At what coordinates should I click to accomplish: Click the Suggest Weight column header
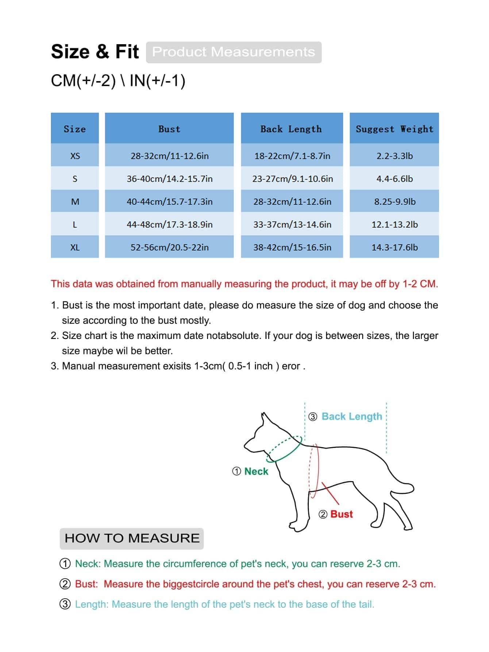point(394,129)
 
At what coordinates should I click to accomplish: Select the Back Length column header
point(291,129)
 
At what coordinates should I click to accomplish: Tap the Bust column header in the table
point(169,129)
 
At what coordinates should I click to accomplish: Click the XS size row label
point(75,156)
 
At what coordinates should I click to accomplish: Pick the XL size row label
point(75,247)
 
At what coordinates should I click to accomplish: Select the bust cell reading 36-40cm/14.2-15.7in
point(169,179)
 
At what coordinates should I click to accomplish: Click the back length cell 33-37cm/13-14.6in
point(292,224)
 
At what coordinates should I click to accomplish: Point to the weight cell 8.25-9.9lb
point(394,202)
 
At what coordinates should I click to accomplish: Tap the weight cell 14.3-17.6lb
point(394,247)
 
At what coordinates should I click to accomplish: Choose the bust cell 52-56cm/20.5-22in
point(169,247)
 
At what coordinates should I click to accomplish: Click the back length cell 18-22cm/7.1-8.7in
point(292,156)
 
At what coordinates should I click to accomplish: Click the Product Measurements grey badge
point(234,52)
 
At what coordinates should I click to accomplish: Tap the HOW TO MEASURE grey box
point(132,538)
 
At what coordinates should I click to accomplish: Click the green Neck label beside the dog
point(256,471)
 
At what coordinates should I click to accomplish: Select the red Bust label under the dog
point(342,514)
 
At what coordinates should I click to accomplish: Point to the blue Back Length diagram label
point(352,416)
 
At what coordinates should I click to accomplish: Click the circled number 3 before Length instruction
point(65,604)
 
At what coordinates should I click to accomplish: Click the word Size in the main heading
point(70,52)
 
